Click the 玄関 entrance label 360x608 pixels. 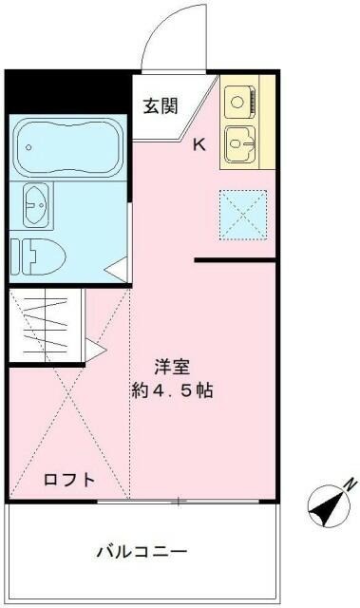(x=161, y=106)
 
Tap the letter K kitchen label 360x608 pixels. (x=199, y=145)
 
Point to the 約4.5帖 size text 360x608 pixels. (x=172, y=390)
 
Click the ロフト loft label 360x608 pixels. (x=69, y=480)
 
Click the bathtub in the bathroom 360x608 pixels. (x=66, y=147)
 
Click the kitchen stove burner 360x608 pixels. (x=238, y=99)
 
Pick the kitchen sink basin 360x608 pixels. (x=240, y=144)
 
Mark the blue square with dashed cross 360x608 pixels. (x=243, y=213)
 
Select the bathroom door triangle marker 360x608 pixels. (x=117, y=270)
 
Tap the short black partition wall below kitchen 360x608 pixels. (x=236, y=259)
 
